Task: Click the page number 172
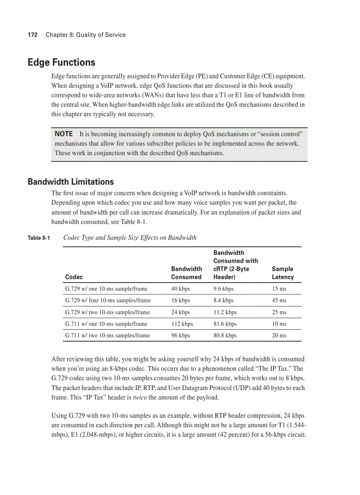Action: click(32, 35)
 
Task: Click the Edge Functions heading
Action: click(61, 62)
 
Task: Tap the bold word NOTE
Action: click(64, 134)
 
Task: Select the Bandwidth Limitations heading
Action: click(71, 182)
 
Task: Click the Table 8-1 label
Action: click(39, 238)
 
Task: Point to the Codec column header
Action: click(74, 277)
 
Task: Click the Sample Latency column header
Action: click(282, 273)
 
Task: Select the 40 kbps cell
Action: click(180, 289)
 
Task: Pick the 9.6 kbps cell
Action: click(223, 289)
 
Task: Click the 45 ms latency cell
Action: click(279, 300)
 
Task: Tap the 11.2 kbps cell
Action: click(225, 312)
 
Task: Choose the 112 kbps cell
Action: click(182, 324)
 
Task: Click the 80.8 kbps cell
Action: click(225, 335)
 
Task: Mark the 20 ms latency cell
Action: click(279, 335)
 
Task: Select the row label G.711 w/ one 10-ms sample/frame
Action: click(106, 324)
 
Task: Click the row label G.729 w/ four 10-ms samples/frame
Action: click(108, 300)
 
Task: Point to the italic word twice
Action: click(139, 398)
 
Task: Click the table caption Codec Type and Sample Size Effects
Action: click(130, 238)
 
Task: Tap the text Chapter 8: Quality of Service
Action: click(86, 35)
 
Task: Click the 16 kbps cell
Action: click(180, 300)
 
